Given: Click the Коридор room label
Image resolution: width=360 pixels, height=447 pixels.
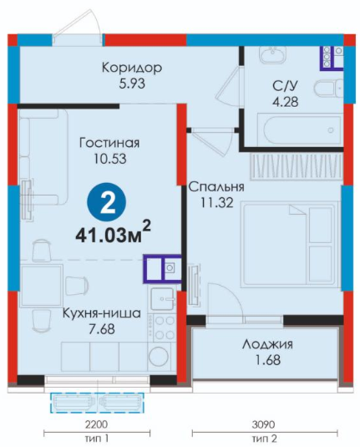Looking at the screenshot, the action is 132,68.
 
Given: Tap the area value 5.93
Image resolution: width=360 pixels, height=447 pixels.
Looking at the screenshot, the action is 132,84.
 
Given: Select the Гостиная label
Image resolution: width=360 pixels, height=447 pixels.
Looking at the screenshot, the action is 109,143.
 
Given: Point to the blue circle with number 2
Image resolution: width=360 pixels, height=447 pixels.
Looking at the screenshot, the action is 106,202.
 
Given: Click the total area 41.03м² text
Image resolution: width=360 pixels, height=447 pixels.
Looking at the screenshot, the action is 113,234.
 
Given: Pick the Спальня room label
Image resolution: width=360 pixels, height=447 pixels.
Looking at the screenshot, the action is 216,187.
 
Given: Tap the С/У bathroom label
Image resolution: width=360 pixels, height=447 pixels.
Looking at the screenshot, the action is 286,86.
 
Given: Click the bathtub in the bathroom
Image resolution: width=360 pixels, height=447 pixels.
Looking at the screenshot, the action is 299,130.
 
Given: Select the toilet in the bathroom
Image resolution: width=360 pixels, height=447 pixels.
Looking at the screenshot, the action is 328,88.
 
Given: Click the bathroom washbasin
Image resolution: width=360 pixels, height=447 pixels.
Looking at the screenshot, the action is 272,54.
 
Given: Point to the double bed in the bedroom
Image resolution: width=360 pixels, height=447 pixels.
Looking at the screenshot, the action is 291,245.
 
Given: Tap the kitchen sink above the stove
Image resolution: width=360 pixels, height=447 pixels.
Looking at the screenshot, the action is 162,299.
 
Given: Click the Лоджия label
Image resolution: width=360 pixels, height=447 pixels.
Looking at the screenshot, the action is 267,345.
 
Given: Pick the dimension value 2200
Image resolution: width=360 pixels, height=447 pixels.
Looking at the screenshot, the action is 97,424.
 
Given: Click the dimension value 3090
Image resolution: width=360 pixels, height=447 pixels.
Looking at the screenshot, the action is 264,424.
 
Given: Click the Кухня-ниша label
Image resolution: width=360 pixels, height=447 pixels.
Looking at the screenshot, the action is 102,313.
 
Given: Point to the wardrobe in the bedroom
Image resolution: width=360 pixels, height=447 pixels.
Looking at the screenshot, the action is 296,167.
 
